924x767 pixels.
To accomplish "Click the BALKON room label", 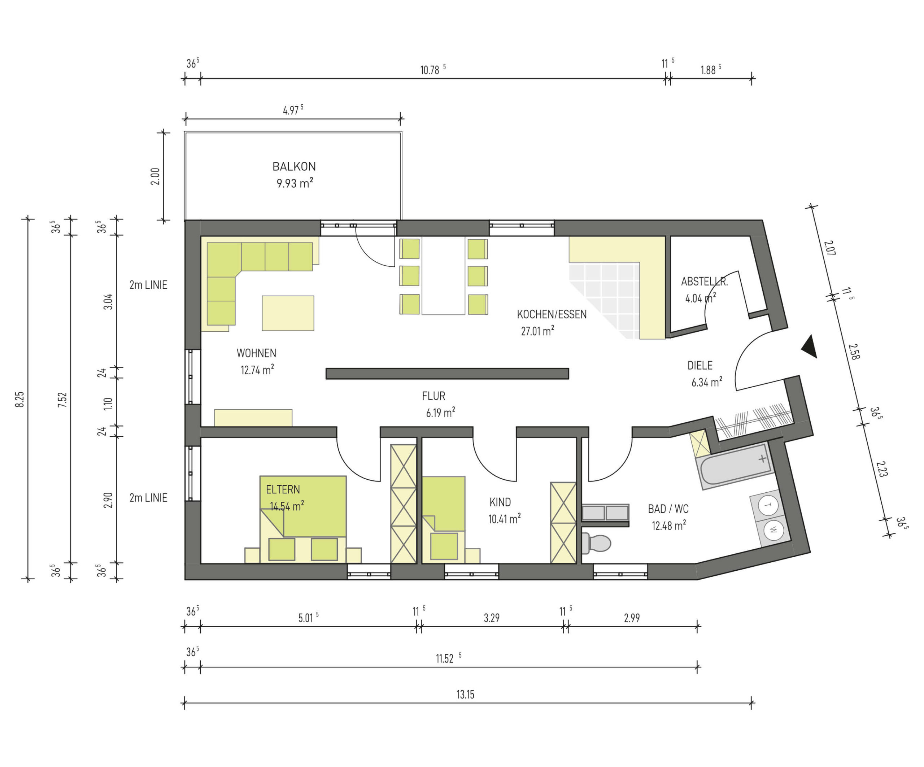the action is (x=294, y=166).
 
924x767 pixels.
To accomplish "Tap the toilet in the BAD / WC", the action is (x=596, y=543).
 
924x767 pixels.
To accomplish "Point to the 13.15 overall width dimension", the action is (x=465, y=695).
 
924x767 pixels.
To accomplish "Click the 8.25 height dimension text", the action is (x=20, y=399).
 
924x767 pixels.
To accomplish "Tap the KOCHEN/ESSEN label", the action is (x=552, y=314).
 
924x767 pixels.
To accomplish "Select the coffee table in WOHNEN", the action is (x=288, y=313).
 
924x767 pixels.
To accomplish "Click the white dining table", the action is (x=443, y=275).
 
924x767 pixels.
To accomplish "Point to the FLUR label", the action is (x=433, y=396).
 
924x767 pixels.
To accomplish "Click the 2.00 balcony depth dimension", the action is (x=155, y=176).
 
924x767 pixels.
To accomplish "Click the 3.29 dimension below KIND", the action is (x=492, y=618).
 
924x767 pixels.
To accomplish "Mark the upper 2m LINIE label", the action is (x=148, y=285).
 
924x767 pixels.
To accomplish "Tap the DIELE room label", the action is (x=699, y=365).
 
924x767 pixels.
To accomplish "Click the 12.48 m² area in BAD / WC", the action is (x=669, y=526).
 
